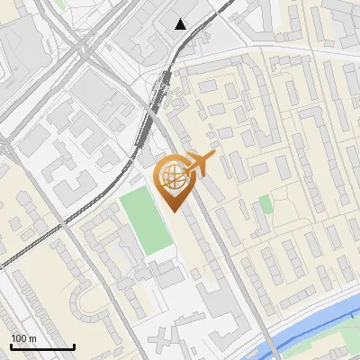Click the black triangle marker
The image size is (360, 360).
coord(181,24)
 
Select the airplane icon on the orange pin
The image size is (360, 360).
coord(200,163)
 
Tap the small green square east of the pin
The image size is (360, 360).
coord(265,204)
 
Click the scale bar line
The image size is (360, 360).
coord(42,347)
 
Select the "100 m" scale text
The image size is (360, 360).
coord(23,338)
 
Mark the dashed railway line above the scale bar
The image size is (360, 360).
coord(36,247)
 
